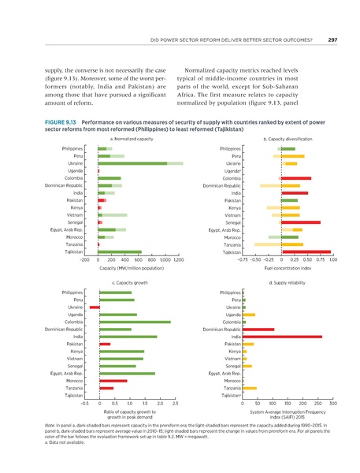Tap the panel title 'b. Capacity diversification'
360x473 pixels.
pyautogui.click(x=288, y=140)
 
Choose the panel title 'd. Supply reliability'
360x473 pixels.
pyautogui.click(x=288, y=281)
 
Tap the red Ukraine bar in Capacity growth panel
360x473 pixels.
pyautogui.click(x=95, y=307)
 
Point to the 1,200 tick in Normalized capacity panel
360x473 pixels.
pyautogui.click(x=178, y=259)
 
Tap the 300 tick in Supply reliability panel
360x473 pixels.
pyautogui.click(x=332, y=403)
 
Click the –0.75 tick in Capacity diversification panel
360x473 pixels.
pyautogui.click(x=243, y=259)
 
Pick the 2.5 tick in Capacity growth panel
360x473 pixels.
pyautogui.click(x=175, y=403)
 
